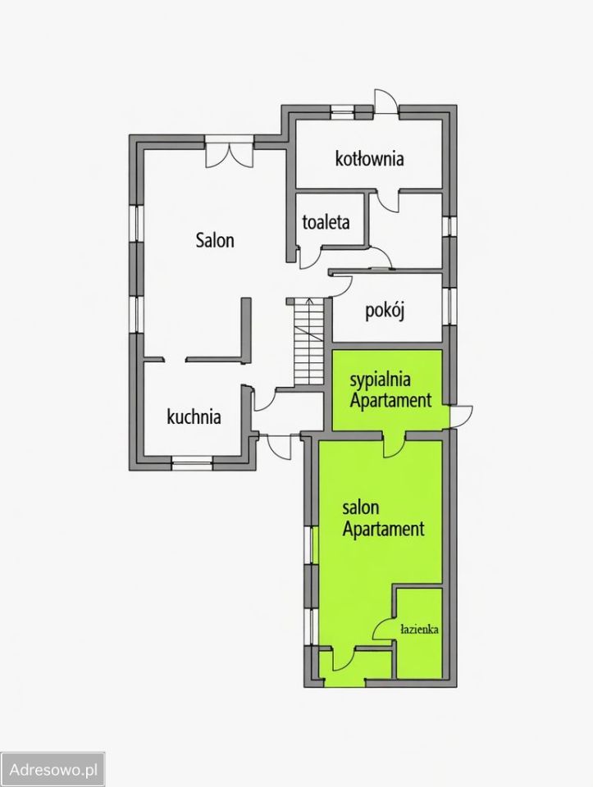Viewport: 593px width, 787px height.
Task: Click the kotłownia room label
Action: click(x=369, y=158)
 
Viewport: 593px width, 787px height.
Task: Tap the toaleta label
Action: click(x=326, y=222)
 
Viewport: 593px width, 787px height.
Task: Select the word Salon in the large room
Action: click(x=215, y=240)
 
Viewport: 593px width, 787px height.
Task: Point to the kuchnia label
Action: click(x=194, y=416)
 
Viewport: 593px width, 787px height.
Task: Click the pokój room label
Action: click(x=385, y=312)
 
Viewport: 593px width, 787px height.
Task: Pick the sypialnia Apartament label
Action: click(x=390, y=390)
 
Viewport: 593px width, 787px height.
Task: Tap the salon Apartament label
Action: click(x=384, y=518)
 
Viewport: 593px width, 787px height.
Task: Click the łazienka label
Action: click(x=419, y=629)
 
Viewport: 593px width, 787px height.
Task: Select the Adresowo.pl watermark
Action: click(x=54, y=770)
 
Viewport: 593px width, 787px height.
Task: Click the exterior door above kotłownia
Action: click(x=386, y=102)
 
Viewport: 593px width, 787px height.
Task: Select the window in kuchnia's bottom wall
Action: click(x=192, y=462)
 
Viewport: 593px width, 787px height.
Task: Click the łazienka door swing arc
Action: click(x=382, y=629)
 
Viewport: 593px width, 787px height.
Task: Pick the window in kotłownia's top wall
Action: click(x=343, y=111)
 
